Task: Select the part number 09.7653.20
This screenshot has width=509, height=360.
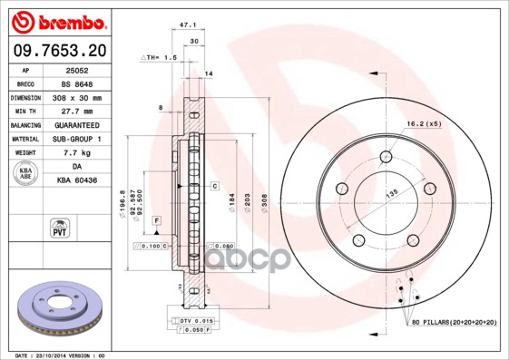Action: point(56,51)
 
